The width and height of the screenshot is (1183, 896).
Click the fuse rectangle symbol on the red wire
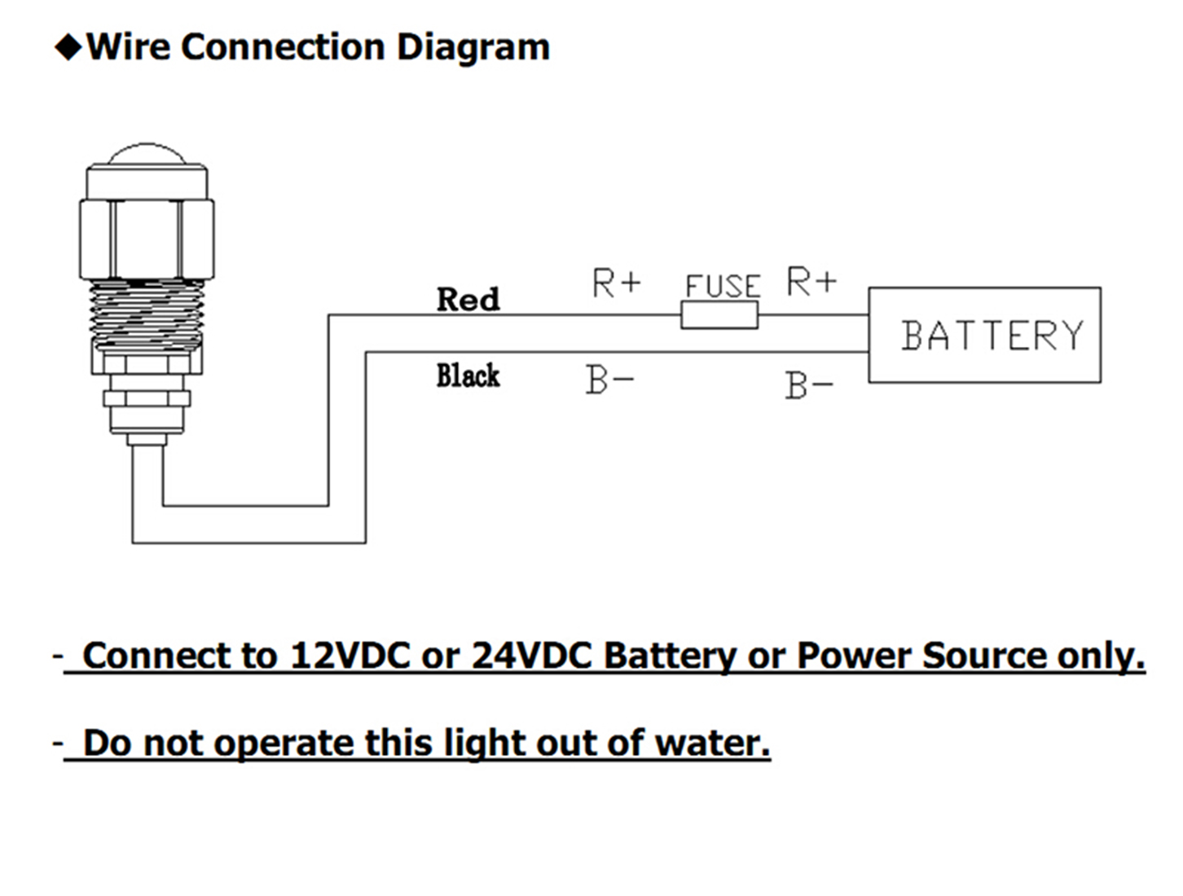(x=719, y=315)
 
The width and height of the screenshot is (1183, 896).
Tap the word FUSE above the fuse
(x=723, y=286)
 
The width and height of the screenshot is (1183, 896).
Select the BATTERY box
(x=984, y=335)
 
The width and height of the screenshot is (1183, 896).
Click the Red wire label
(x=468, y=299)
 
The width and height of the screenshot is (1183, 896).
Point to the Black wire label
(x=468, y=376)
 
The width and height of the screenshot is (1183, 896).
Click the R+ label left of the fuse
(x=616, y=283)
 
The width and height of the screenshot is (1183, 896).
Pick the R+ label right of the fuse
(x=811, y=282)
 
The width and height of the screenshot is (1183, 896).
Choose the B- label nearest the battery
(x=809, y=385)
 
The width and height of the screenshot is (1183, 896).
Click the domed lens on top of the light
(x=147, y=153)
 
